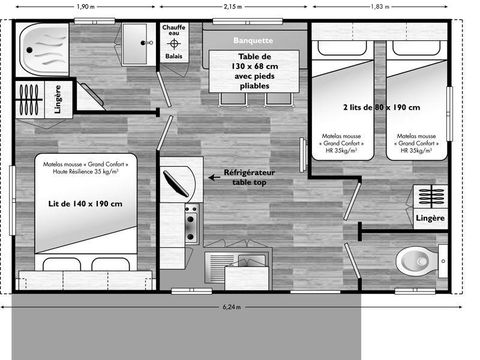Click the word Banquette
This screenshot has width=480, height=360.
[250, 40]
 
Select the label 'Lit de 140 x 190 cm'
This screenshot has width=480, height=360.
[85, 204]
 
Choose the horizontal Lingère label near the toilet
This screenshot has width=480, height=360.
[429, 217]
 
